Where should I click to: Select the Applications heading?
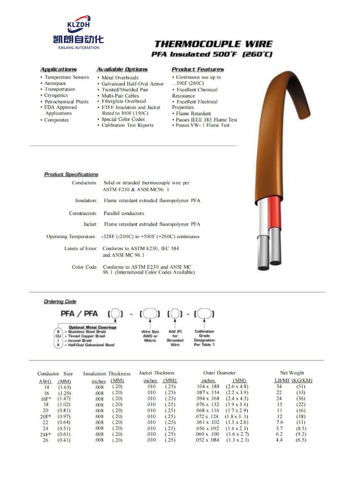(x=58, y=70)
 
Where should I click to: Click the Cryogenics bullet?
(x=56, y=96)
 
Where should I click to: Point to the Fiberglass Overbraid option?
(x=123, y=101)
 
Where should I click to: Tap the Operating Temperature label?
(x=72, y=237)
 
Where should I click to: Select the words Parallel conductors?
(x=124, y=213)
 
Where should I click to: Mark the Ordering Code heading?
(x=60, y=301)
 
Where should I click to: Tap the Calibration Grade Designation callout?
(x=204, y=338)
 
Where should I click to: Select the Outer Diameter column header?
(x=219, y=373)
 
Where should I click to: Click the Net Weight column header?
(x=292, y=373)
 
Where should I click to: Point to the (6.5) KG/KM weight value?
(x=301, y=440)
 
